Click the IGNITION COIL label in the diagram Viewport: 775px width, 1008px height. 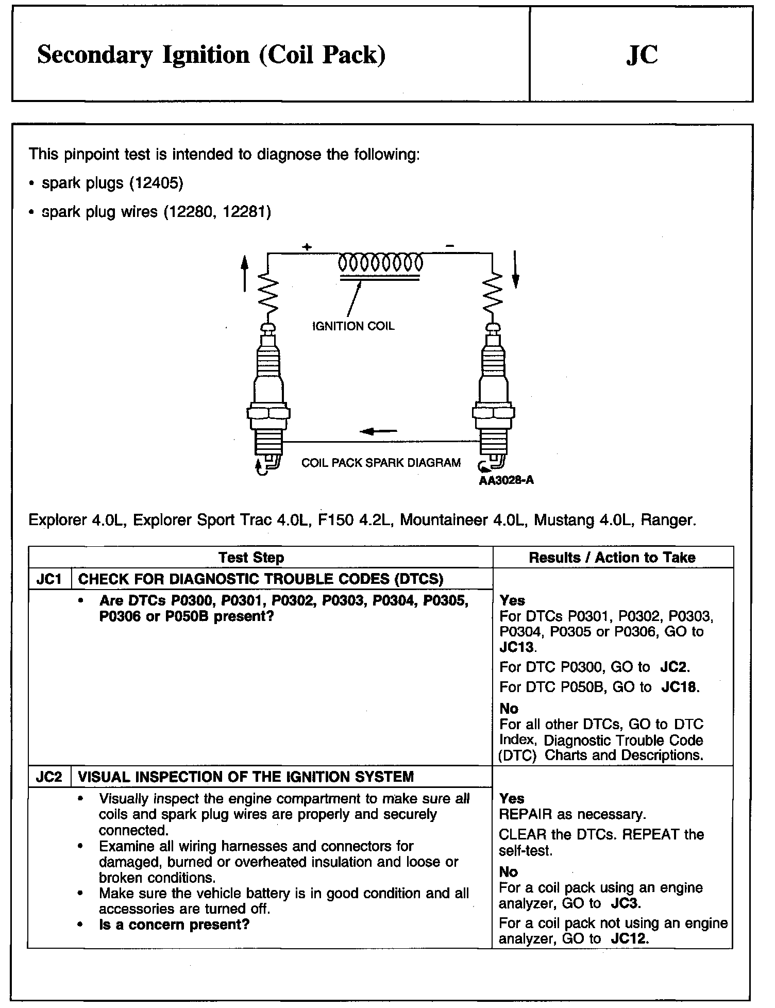[x=353, y=326]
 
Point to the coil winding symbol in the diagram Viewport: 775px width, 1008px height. [x=380, y=263]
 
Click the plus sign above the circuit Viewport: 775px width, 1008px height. [x=307, y=247]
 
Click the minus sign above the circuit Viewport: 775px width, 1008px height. [x=450, y=247]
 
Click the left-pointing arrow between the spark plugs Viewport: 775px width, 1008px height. [x=379, y=431]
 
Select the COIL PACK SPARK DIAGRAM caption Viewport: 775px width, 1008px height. [x=381, y=463]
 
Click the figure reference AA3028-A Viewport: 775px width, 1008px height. [x=506, y=481]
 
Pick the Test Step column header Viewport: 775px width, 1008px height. [x=251, y=558]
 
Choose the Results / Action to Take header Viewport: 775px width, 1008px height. [x=612, y=557]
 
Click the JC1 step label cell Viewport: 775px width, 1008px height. [x=49, y=579]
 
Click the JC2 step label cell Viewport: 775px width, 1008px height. [x=49, y=777]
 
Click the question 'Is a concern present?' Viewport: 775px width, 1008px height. [x=174, y=925]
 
